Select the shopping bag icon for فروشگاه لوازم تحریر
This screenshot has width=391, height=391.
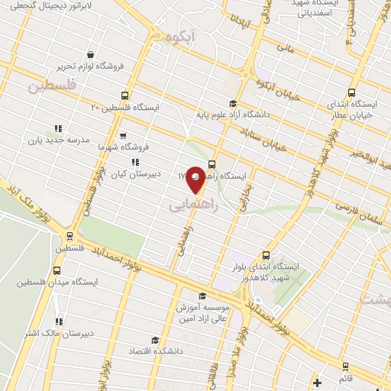pos(92,54)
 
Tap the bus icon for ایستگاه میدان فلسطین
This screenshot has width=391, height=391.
pos(58,270)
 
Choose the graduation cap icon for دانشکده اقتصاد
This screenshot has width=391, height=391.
pos(155,341)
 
